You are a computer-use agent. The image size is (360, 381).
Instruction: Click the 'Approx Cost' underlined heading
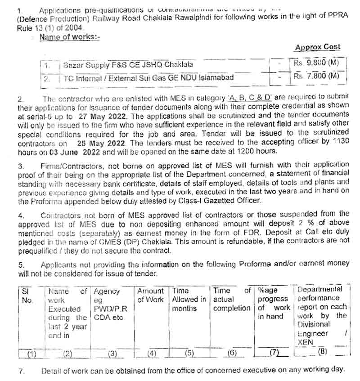(317, 47)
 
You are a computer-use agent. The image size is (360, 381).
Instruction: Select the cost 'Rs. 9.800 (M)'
(316, 64)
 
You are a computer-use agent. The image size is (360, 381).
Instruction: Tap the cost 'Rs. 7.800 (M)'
(316, 76)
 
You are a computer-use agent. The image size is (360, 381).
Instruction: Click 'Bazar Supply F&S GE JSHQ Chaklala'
(128, 65)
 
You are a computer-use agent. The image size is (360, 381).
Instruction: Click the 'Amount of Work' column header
(150, 296)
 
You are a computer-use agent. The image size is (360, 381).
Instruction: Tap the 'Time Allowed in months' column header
(189, 300)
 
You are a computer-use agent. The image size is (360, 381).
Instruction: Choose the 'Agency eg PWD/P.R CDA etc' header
(108, 304)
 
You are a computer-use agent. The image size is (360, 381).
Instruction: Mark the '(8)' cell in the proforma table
(322, 352)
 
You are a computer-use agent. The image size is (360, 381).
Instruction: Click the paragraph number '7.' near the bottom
(21, 371)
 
